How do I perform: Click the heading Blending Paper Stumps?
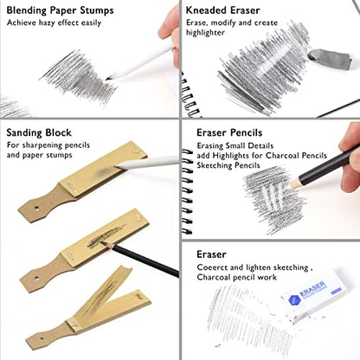click(60, 10)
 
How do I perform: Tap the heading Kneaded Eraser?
click(222, 10)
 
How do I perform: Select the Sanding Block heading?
click(39, 132)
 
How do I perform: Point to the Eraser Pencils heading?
click(229, 132)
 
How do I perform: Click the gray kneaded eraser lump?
click(330, 59)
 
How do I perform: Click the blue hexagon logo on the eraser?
click(294, 300)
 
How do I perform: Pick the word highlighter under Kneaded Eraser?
click(205, 33)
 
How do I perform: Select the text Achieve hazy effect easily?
click(54, 22)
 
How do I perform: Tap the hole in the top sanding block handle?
click(36, 208)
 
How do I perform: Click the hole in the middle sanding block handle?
click(36, 279)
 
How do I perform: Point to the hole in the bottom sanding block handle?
click(42, 338)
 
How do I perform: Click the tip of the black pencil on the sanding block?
click(101, 242)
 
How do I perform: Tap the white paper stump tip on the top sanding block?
click(117, 165)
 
